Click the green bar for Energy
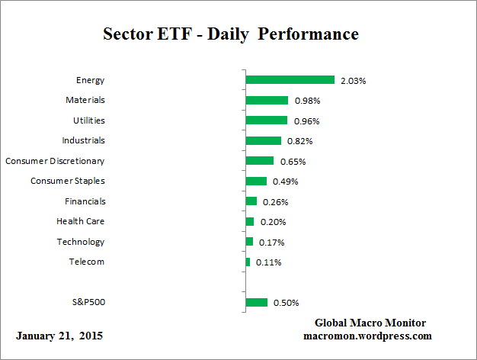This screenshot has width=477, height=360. (290, 80)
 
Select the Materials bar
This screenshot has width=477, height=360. (267, 100)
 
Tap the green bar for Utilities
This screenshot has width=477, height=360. (266, 121)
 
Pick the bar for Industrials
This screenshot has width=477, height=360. (263, 140)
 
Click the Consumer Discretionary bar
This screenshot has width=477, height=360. (259, 161)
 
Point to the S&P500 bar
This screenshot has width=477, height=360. (256, 303)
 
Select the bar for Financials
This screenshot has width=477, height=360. (251, 201)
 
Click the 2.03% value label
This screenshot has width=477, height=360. (353, 80)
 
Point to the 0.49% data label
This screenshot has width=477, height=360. (285, 182)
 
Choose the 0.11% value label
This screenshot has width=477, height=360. (268, 262)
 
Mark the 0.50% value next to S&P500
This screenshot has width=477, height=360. (286, 303)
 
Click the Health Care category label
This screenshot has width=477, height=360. (80, 221)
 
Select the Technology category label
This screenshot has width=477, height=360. (80, 242)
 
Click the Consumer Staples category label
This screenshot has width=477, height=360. (68, 181)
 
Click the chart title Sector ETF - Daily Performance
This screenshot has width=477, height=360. (230, 34)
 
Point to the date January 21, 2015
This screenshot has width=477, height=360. (59, 336)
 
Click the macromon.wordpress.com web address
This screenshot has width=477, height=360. (368, 336)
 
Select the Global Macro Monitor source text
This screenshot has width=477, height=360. (370, 323)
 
